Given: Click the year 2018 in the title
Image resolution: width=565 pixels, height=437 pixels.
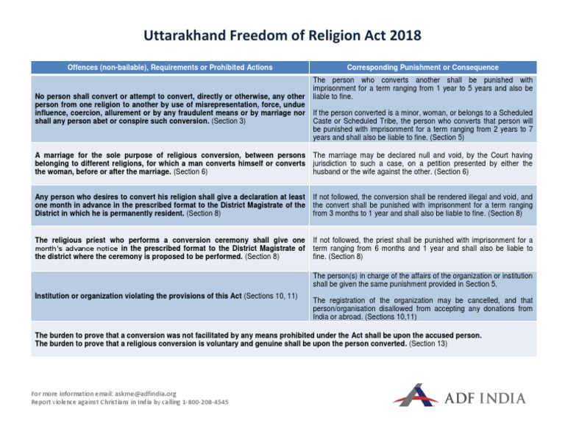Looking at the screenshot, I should pos(400,35).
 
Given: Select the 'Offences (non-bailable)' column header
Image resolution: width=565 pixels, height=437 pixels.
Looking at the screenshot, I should pos(170,67).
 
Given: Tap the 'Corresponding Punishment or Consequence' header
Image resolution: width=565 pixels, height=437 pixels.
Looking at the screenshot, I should pos(423,67).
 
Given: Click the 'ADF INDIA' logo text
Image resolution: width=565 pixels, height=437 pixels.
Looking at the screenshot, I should pos(486,398).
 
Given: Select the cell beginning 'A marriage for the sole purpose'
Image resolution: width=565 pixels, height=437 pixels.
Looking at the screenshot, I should pos(170,163).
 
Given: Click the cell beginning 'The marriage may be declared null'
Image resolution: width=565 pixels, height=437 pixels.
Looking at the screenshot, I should pos(423,163).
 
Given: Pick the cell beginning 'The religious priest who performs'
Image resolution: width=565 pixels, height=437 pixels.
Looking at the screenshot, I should pos(170,248).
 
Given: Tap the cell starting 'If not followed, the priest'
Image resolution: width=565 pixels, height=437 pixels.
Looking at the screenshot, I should pos(423,248).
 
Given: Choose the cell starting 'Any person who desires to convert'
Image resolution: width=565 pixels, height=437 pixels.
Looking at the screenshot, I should pos(170,205).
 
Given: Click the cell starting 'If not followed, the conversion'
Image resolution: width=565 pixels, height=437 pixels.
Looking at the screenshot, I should pos(423,205).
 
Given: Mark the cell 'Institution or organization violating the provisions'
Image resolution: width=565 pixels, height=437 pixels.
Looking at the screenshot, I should pos(170,296).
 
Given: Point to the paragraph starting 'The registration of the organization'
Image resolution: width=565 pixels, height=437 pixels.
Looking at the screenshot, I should pos(423,310).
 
